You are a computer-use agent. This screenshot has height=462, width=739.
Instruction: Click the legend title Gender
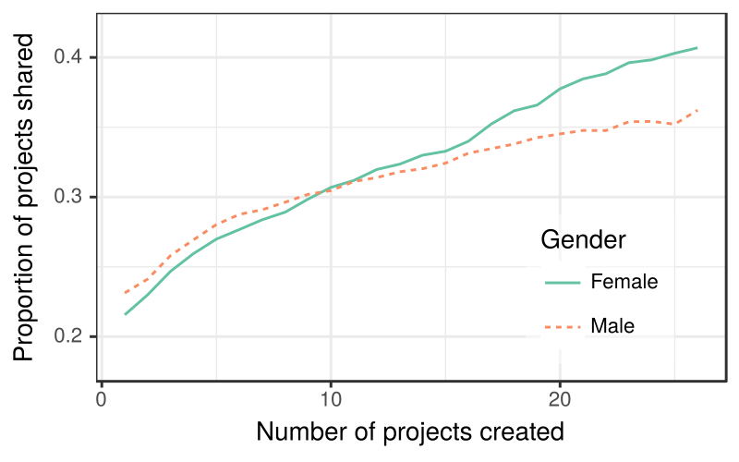tap(584, 240)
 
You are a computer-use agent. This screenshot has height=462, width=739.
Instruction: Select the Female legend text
tap(624, 282)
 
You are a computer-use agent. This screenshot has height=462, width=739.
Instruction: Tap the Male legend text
tap(613, 325)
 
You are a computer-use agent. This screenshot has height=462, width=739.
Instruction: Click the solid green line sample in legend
tap(562, 282)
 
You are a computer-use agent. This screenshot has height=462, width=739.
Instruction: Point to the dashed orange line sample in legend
tap(562, 325)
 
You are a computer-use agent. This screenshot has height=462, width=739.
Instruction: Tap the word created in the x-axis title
tap(525, 432)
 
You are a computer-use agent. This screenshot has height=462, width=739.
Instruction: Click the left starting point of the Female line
tap(125, 314)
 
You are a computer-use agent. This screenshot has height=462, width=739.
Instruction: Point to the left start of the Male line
tap(125, 293)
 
